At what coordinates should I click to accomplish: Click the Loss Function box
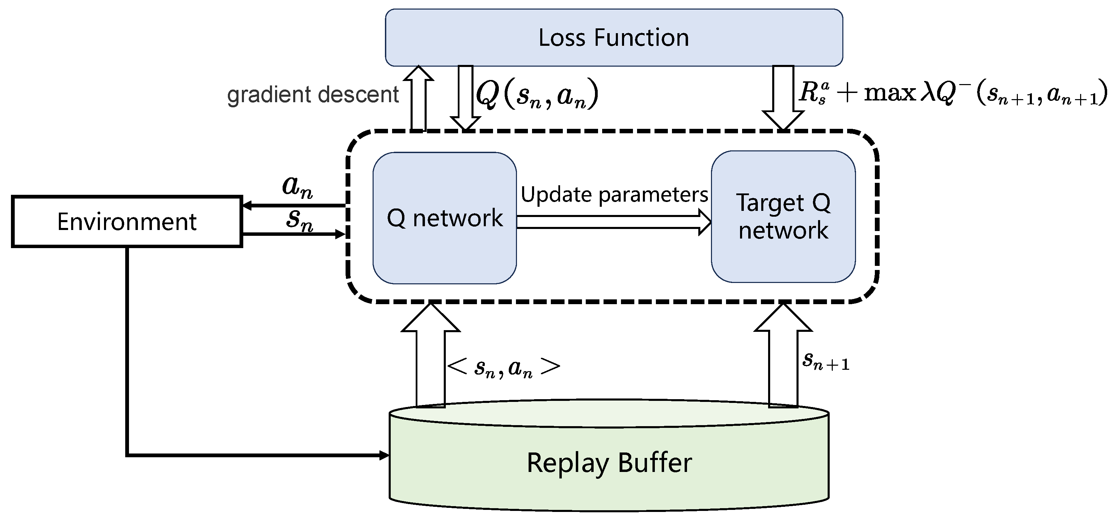tap(614, 38)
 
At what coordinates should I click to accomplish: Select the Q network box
tap(444, 218)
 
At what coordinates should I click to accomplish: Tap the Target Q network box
tap(783, 216)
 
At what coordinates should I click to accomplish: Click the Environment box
tap(127, 222)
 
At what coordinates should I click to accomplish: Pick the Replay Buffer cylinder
tap(609, 462)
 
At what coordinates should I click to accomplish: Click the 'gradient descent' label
tap(313, 95)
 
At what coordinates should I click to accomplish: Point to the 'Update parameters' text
tap(614, 194)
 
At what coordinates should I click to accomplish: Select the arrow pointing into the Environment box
tap(294, 205)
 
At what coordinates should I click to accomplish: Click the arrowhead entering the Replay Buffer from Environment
tap(384, 455)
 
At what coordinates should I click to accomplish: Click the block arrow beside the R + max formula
tap(783, 97)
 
